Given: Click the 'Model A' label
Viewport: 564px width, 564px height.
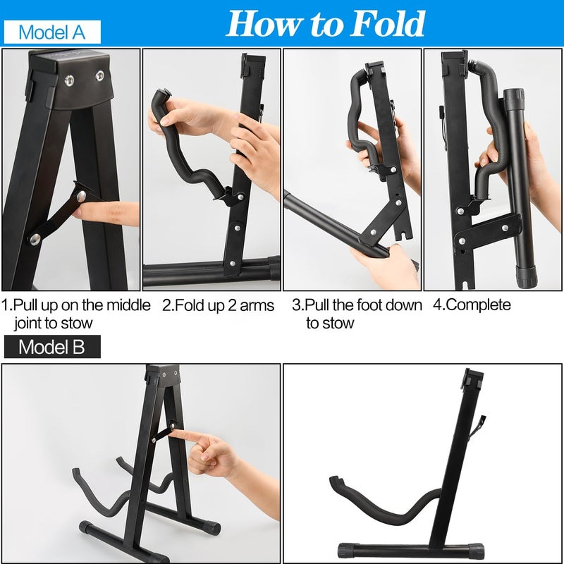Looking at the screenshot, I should pyautogui.click(x=51, y=32).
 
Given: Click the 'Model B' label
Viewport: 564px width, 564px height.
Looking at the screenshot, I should pyautogui.click(x=51, y=346).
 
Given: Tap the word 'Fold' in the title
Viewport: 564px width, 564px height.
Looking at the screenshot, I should pyautogui.click(x=384, y=24).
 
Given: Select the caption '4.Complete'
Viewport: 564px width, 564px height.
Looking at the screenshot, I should pyautogui.click(x=472, y=305).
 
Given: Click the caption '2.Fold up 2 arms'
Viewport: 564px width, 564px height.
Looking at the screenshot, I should pyautogui.click(x=218, y=305).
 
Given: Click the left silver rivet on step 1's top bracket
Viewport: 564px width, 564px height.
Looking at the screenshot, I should pyautogui.click(x=68, y=80).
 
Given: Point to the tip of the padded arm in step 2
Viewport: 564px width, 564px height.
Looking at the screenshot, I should pyautogui.click(x=161, y=96).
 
